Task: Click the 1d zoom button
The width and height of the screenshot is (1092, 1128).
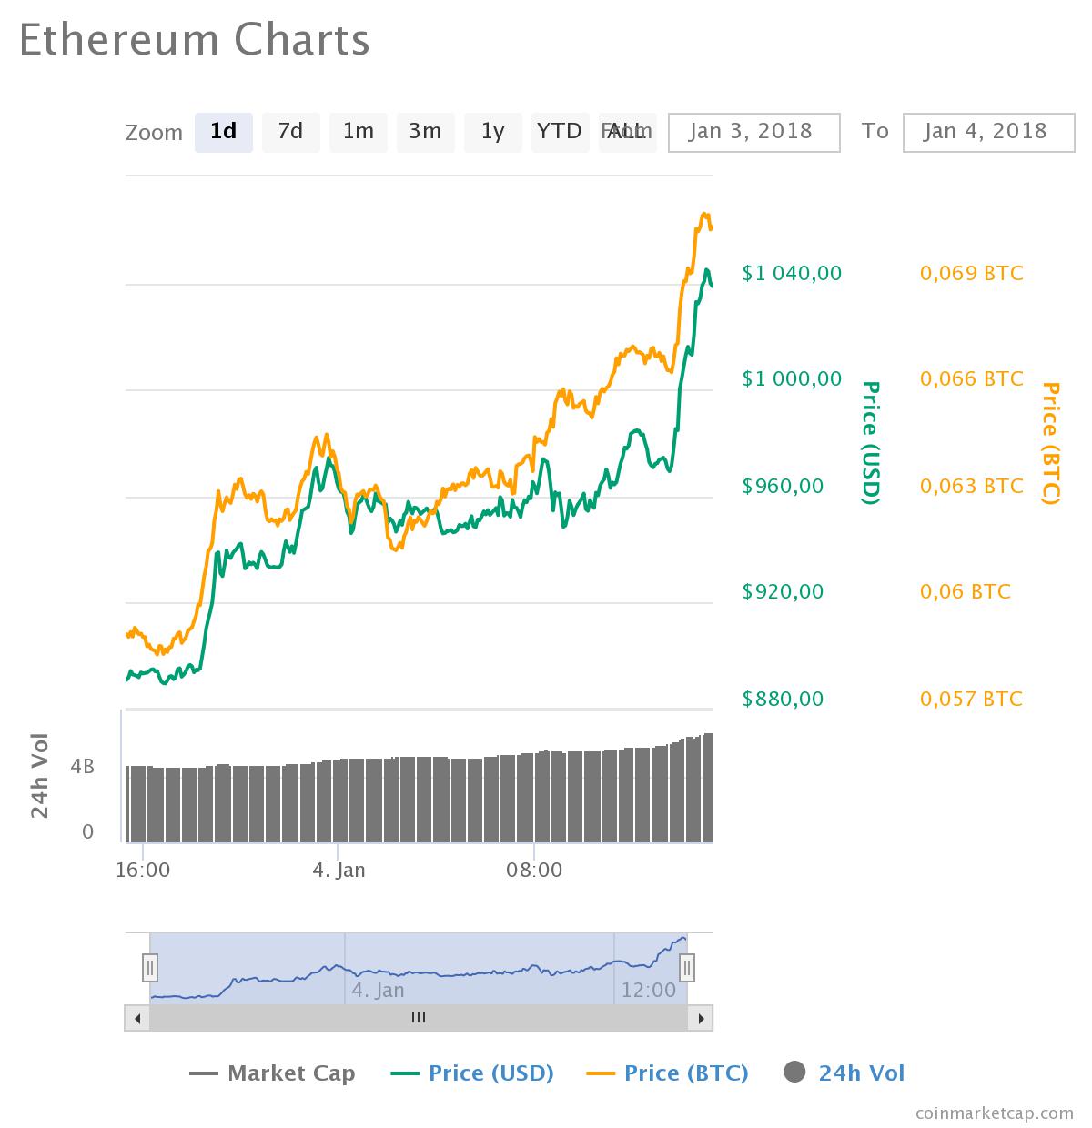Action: pos(223,132)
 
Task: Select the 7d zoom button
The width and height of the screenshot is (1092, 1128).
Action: pos(290,132)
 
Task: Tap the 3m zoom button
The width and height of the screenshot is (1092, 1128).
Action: pos(425,132)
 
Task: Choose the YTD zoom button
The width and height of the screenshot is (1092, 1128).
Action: pos(559,132)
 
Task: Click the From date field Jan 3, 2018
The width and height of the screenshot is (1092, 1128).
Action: pos(753,132)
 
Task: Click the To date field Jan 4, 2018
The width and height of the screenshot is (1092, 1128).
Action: pos(988,132)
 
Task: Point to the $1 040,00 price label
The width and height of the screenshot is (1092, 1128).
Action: pos(792,273)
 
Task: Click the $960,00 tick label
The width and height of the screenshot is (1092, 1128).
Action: pos(783,486)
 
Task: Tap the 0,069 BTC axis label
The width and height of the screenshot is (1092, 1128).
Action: pos(971,273)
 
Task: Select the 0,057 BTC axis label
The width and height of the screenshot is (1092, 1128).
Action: pos(971,699)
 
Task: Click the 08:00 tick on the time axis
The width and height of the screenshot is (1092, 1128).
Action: pos(534,870)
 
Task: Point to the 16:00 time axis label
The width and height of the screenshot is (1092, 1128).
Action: pos(144,870)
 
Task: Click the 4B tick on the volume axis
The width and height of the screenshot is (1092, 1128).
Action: pos(83,767)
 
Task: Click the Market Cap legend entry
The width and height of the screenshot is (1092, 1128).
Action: pos(272,1073)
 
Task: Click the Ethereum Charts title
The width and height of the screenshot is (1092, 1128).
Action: pos(194,40)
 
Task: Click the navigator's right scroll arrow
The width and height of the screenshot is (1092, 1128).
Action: pos(701,1018)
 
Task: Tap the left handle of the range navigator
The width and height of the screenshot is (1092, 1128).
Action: pos(150,967)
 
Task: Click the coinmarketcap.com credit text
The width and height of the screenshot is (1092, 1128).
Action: pos(994,1112)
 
